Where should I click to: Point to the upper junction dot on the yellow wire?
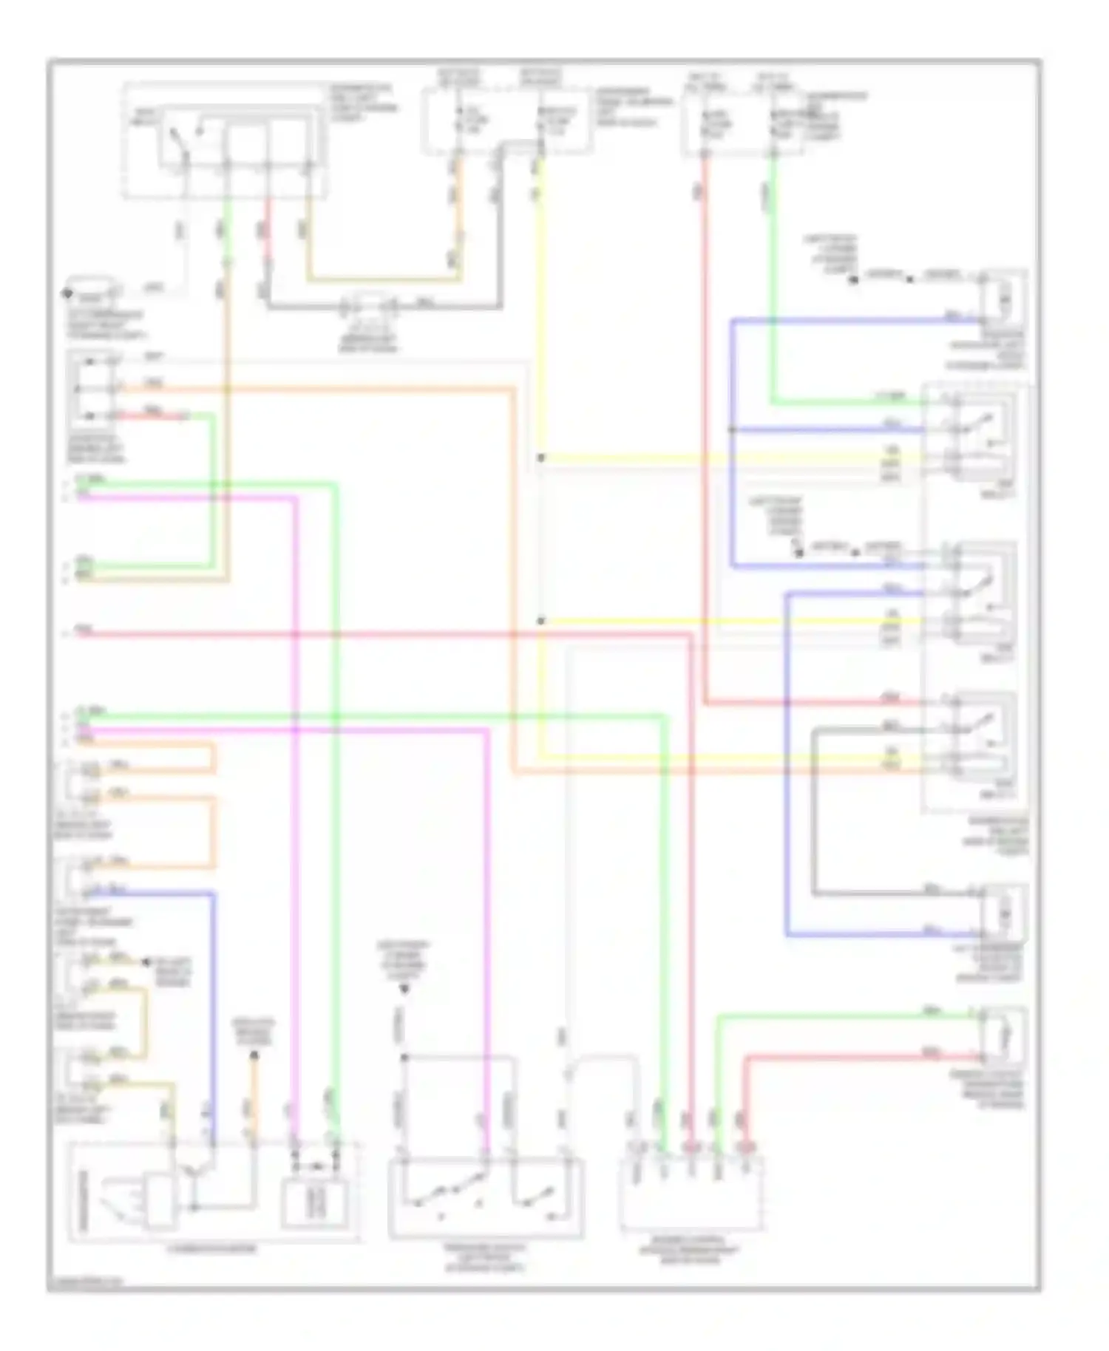[x=540, y=458]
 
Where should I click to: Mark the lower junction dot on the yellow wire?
[x=540, y=621]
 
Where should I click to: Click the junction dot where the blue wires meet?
[x=732, y=429]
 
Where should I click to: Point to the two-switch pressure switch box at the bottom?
[x=485, y=1197]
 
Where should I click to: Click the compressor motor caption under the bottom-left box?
[x=213, y=1250]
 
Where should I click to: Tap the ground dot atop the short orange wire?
[x=254, y=1055]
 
